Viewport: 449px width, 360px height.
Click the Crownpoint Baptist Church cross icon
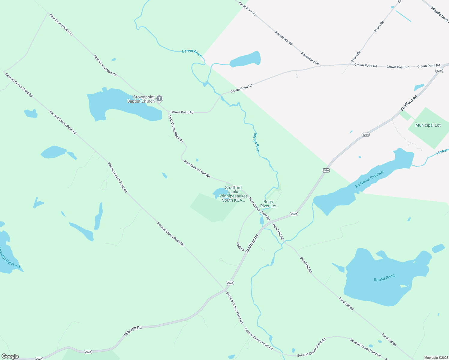pyautogui.click(x=160, y=98)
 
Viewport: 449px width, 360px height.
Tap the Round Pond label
pyautogui.click(x=384, y=278)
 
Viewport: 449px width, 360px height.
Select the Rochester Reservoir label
pyautogui.click(x=369, y=179)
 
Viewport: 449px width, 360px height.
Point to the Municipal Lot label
pyautogui.click(x=428, y=125)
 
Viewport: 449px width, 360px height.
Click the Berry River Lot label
pyautogui.click(x=268, y=204)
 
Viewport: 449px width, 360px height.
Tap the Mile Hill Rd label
pyautogui.click(x=133, y=331)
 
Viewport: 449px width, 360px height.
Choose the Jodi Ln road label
pyautogui.click(x=240, y=247)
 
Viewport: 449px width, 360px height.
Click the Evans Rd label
pyautogui.click(x=379, y=27)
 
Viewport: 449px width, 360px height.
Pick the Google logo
pyautogui.click(x=10, y=356)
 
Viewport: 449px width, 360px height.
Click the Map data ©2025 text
pyautogui.click(x=436, y=358)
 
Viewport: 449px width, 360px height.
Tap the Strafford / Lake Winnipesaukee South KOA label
pyautogui.click(x=234, y=194)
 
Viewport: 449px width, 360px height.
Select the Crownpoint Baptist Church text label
pyautogui.click(x=141, y=99)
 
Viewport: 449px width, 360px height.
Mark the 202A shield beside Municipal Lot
pyautogui.click(x=365, y=135)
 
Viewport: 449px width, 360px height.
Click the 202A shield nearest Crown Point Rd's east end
pyautogui.click(x=439, y=71)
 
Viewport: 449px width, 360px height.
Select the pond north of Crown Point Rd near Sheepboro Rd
pyautogui.click(x=246, y=59)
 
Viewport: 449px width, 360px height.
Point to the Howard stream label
pyautogui.click(x=443, y=152)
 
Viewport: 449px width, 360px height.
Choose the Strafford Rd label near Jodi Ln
pyautogui.click(x=252, y=244)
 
